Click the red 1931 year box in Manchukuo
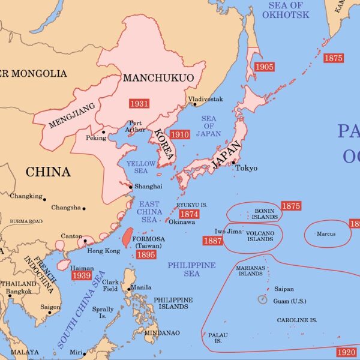pyautogui.click(x=139, y=103)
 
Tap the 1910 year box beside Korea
pyautogui.click(x=179, y=135)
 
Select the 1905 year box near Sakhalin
pyautogui.click(x=264, y=67)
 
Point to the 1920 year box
pyautogui.click(x=346, y=352)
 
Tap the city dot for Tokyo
pyautogui.click(x=233, y=163)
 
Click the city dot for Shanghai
pyautogui.click(x=131, y=187)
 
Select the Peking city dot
pyautogui.click(x=104, y=132)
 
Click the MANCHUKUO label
pyautogui.click(x=150, y=78)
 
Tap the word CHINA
pyautogui.click(x=48, y=172)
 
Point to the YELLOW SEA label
pyautogui.click(x=141, y=167)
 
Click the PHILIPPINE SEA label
pyautogui.click(x=191, y=269)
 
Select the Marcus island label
pyautogui.click(x=326, y=234)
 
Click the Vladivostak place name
pyautogui.click(x=205, y=98)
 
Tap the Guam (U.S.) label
pyautogui.click(x=290, y=301)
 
